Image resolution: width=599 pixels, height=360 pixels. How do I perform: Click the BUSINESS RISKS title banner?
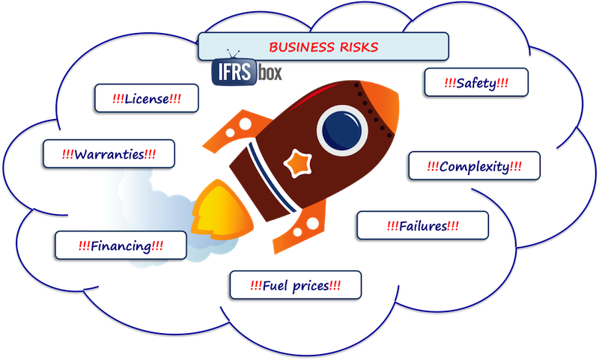323,47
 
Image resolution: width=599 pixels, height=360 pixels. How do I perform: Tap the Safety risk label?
476,83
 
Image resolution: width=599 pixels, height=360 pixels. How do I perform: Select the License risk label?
148,98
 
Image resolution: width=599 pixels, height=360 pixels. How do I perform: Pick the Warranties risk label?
109,155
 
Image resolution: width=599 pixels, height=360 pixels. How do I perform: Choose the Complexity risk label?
474,165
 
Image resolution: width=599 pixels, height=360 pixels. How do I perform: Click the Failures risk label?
422,225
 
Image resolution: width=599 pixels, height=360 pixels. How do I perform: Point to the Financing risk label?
121,245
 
